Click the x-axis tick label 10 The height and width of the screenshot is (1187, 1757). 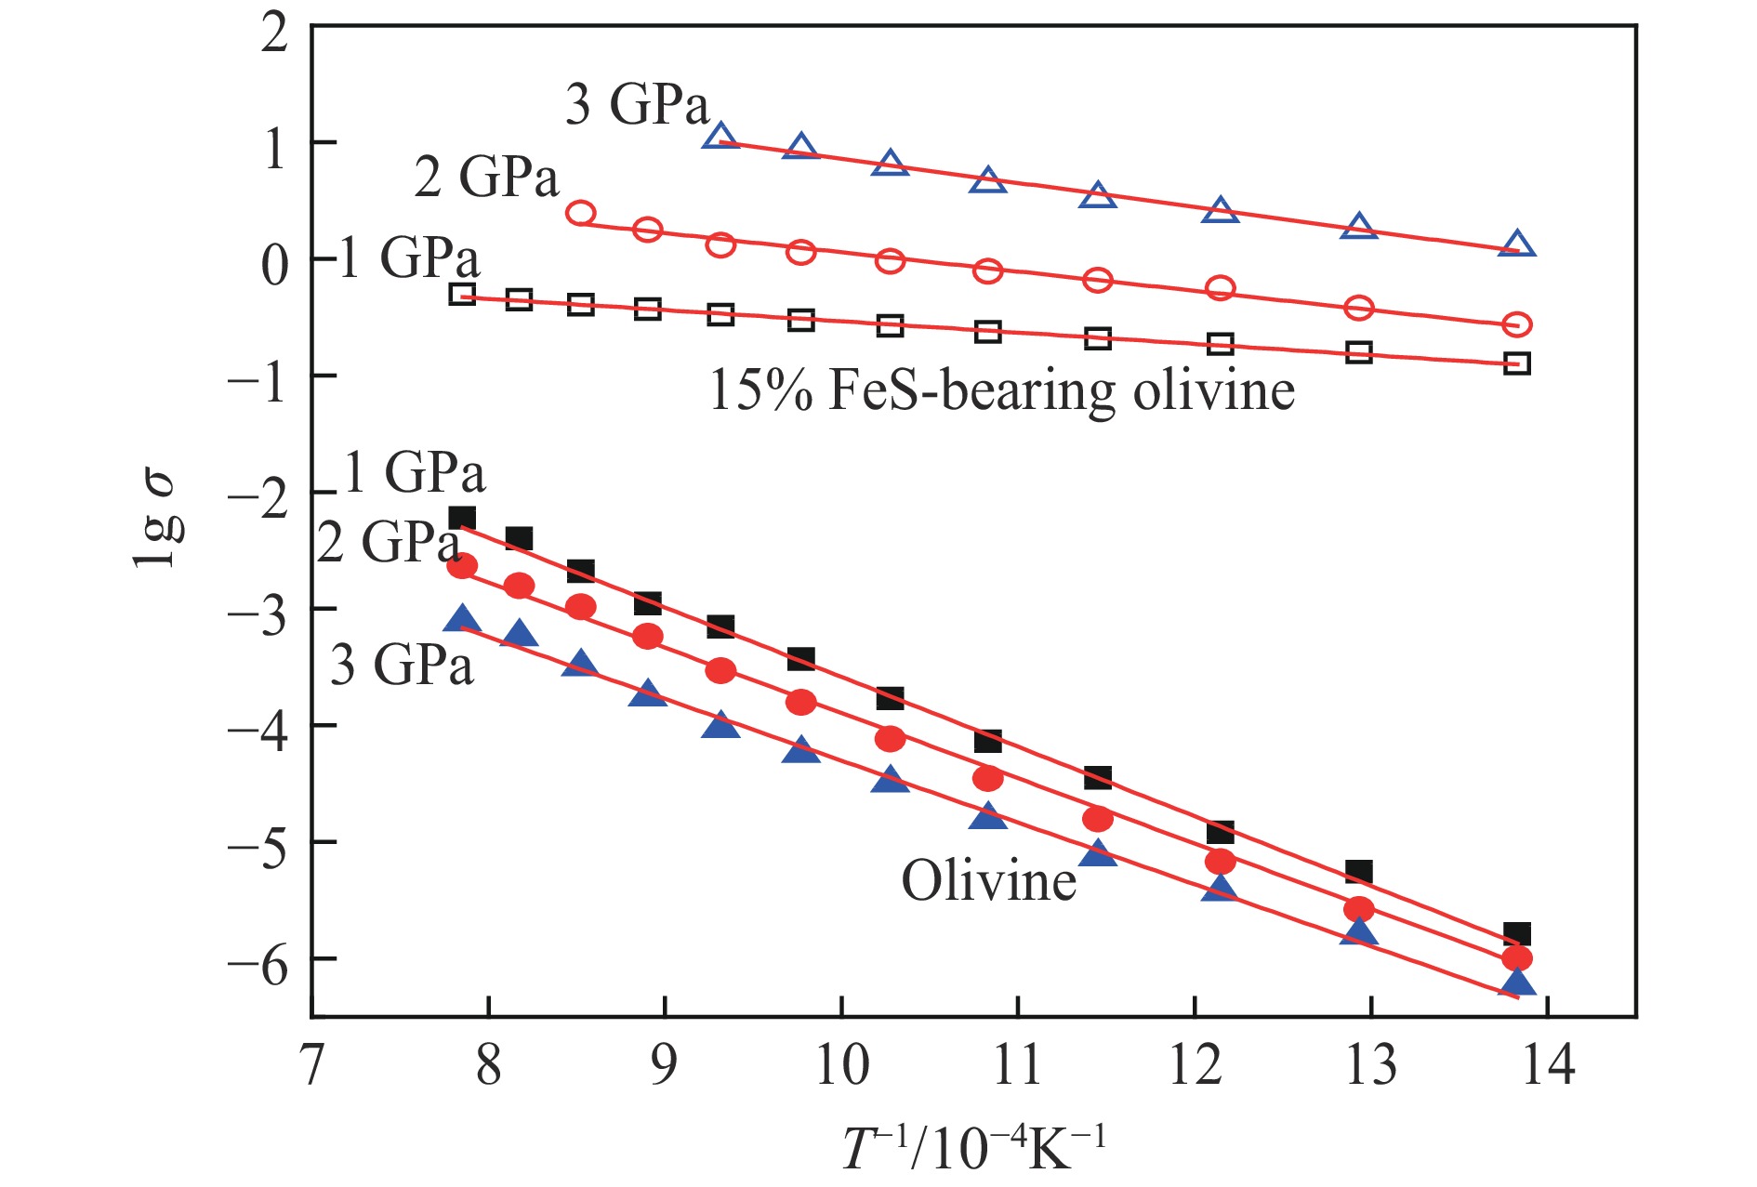pyautogui.click(x=841, y=1065)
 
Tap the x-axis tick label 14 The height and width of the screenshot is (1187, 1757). pyautogui.click(x=1548, y=1065)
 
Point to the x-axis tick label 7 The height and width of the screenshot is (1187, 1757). pyautogui.click(x=311, y=1065)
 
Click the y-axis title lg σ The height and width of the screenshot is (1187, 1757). pyautogui.click(x=157, y=520)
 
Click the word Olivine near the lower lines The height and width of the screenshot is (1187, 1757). pyautogui.click(x=988, y=880)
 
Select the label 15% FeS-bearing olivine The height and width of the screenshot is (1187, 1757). pyautogui.click(x=1001, y=390)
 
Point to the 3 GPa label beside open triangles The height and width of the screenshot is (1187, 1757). pyautogui.click(x=637, y=104)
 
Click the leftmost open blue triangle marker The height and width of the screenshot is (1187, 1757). pyautogui.click(x=720, y=137)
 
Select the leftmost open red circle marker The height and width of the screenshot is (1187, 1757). pyautogui.click(x=580, y=213)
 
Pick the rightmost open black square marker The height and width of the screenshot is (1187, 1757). pyautogui.click(x=1517, y=363)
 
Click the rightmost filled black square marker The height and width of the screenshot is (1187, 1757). pyautogui.click(x=1517, y=934)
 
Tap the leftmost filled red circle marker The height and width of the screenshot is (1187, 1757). pyautogui.click(x=462, y=566)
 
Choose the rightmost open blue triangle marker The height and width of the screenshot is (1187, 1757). pyautogui.click(x=1517, y=244)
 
